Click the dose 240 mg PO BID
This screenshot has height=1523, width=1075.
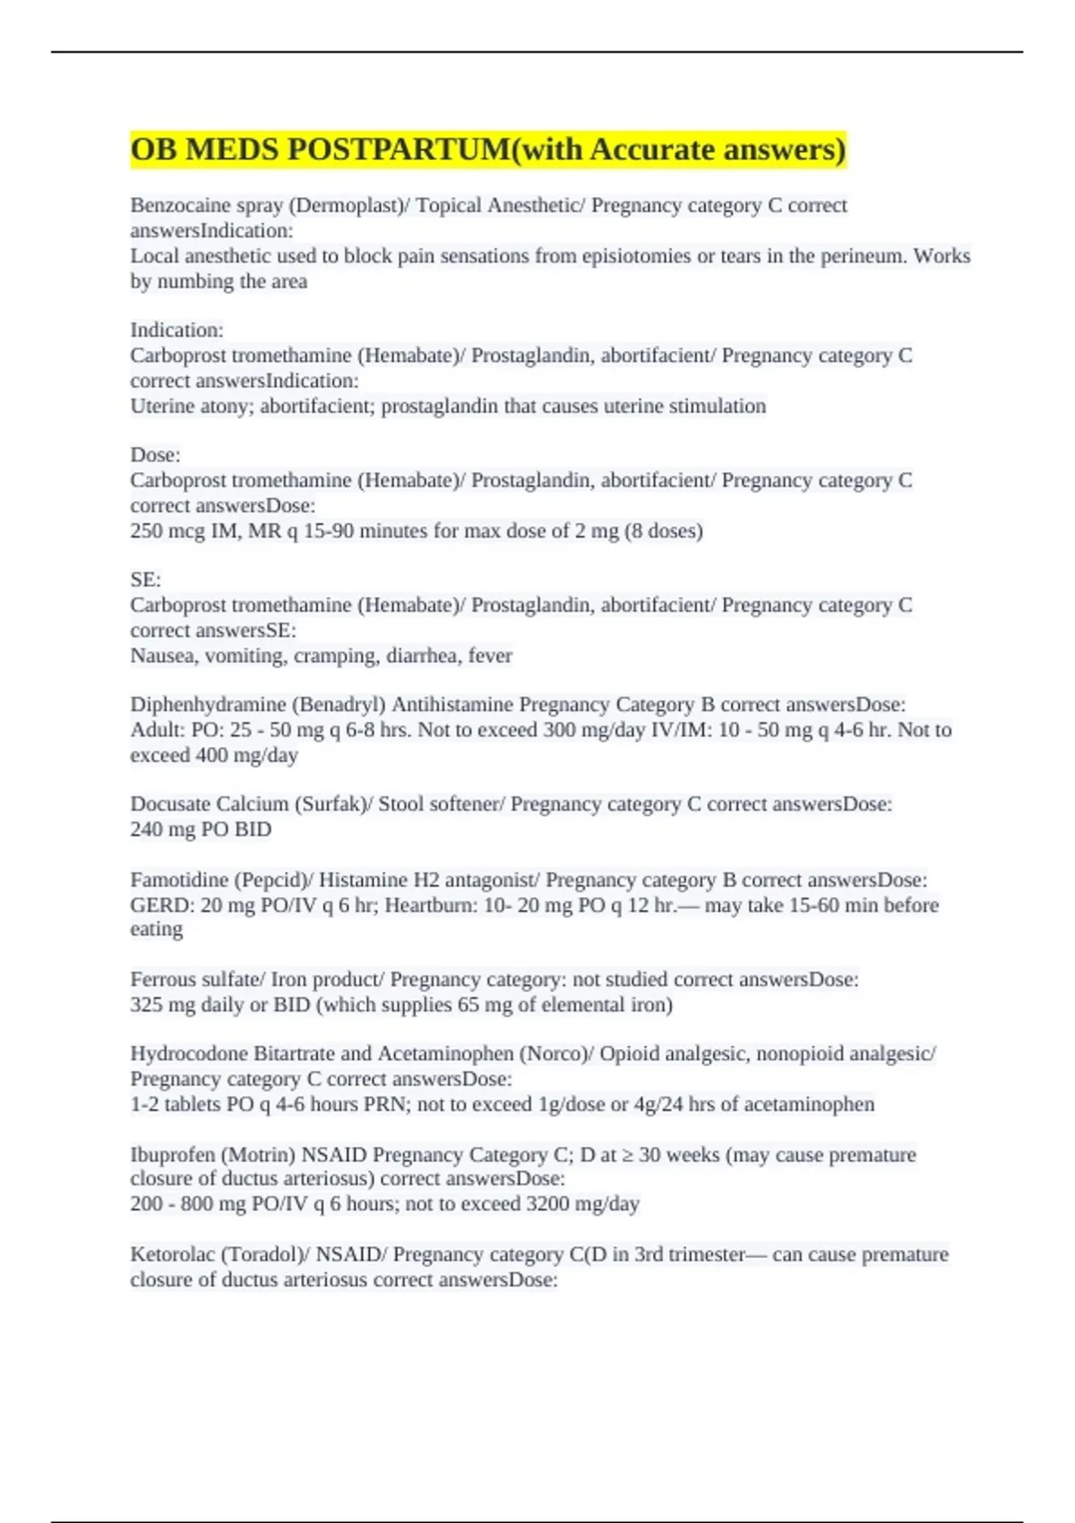tap(201, 830)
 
